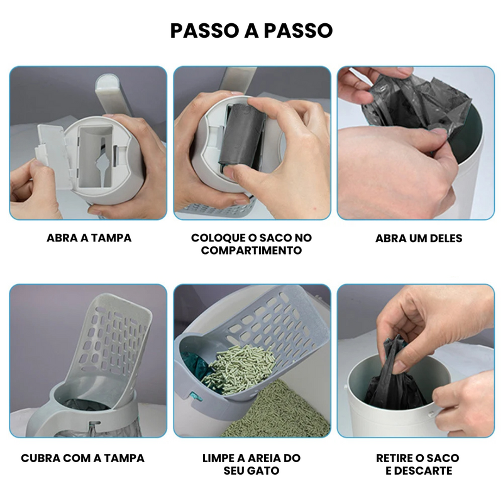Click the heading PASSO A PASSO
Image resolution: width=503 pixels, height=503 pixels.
pyautogui.click(x=251, y=31)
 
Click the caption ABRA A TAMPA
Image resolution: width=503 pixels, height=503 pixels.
pyautogui.click(x=89, y=238)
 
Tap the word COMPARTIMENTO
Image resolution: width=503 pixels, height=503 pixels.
pyautogui.click(x=251, y=250)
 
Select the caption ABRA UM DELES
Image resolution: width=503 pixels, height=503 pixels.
pyautogui.click(x=418, y=238)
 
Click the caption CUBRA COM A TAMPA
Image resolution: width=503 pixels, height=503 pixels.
pyautogui.click(x=82, y=458)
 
